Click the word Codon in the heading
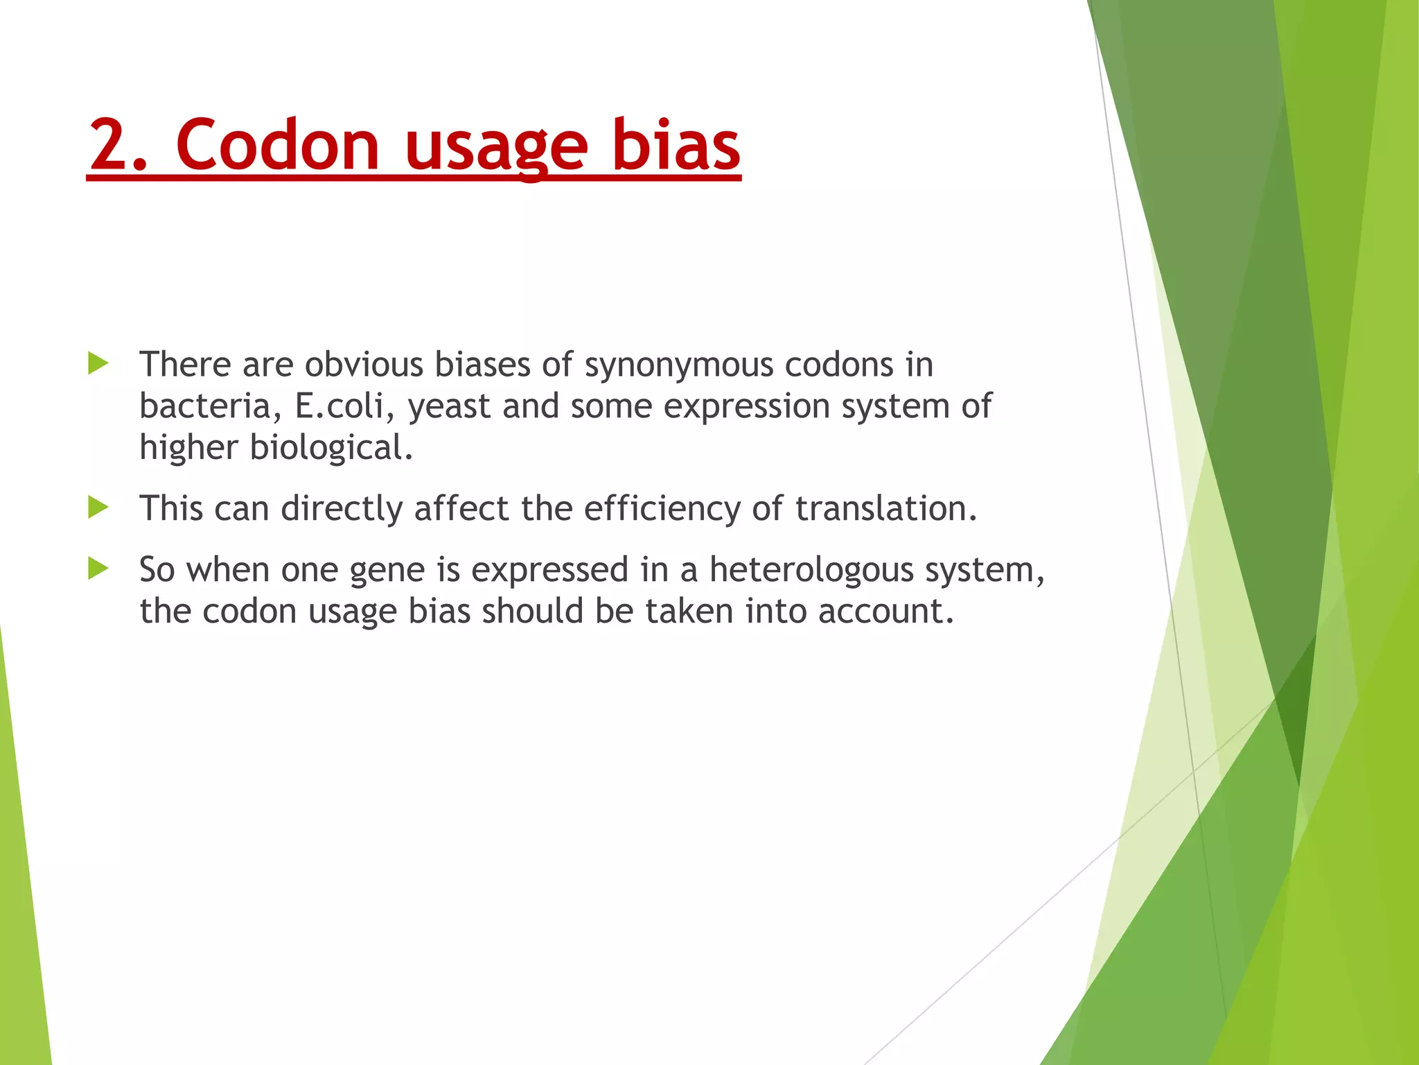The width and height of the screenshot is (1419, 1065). point(277,145)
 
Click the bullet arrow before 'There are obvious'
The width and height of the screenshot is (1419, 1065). point(98,363)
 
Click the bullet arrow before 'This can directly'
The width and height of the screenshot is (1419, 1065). point(98,508)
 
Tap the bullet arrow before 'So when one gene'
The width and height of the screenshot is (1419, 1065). point(98,569)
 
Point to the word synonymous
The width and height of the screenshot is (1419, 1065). point(678,365)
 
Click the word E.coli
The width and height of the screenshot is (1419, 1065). point(339,406)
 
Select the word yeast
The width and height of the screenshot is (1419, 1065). point(449,407)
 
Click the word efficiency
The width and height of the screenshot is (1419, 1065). point(661,508)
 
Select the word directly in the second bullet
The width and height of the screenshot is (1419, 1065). point(342,508)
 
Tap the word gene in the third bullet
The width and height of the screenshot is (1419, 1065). point(387,571)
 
